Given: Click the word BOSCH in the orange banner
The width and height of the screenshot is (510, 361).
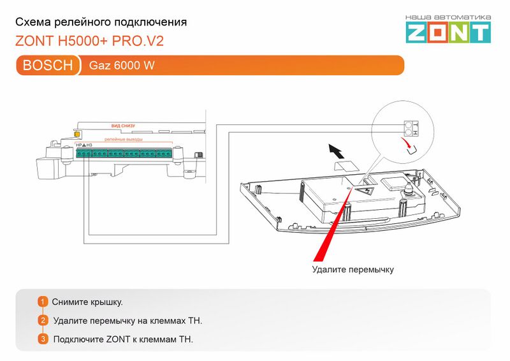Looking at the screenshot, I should (48, 65).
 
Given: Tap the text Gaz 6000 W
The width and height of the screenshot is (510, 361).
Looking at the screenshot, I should (122, 66).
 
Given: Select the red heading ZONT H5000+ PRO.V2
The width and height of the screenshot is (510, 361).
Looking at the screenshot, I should (89, 42).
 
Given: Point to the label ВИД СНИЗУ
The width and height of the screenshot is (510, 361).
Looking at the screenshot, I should (123, 126).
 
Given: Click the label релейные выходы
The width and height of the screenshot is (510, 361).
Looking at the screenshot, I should (124, 138).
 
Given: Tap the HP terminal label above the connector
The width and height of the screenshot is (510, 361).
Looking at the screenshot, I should (78, 145).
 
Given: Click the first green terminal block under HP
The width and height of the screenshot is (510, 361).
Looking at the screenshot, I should (84, 153).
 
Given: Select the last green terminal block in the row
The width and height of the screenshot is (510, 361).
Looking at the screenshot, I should (164, 153).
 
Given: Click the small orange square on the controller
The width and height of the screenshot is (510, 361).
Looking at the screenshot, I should (77, 134).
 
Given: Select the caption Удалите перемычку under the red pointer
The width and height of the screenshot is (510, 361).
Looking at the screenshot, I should (353, 270).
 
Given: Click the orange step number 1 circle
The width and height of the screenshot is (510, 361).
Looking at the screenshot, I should (43, 301).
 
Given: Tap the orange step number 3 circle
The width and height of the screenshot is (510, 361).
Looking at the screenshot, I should (43, 339).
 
